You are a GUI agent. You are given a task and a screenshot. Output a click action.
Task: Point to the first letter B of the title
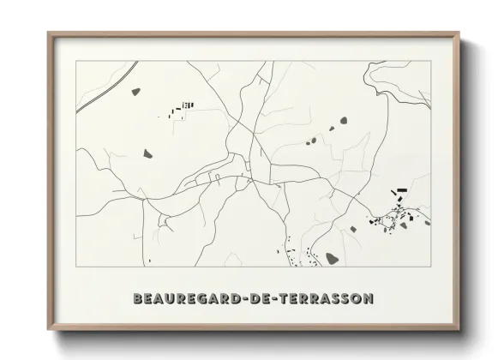[x=138, y=299]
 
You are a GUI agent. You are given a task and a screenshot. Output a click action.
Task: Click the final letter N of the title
[x=368, y=299]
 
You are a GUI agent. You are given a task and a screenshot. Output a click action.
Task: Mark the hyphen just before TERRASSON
[x=261, y=299]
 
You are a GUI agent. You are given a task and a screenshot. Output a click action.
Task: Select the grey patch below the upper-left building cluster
[x=147, y=153]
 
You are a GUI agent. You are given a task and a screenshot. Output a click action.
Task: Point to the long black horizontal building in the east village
[x=399, y=190]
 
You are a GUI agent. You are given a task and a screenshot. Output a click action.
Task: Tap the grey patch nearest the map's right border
[x=427, y=222]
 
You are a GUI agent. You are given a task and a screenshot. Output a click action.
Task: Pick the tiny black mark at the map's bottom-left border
[x=149, y=260]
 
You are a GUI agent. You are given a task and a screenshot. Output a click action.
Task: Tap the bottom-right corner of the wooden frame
[x=459, y=328]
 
